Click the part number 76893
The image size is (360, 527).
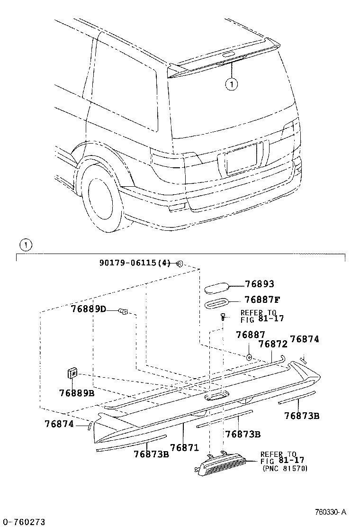click(x=260, y=284)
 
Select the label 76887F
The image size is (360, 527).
click(x=262, y=300)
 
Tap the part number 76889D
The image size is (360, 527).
click(x=89, y=309)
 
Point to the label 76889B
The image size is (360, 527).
click(x=77, y=393)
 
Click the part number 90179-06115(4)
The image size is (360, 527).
click(x=135, y=263)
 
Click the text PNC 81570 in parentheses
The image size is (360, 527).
click(x=285, y=468)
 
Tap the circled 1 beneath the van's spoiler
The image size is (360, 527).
click(x=231, y=84)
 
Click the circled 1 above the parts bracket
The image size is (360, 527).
click(x=25, y=245)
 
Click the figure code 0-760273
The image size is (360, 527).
click(x=23, y=522)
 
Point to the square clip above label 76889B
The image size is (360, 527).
click(x=72, y=373)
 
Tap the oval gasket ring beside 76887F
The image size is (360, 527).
click(x=217, y=303)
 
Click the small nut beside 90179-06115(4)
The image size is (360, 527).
click(x=180, y=263)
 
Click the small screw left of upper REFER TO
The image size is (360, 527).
click(x=223, y=318)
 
